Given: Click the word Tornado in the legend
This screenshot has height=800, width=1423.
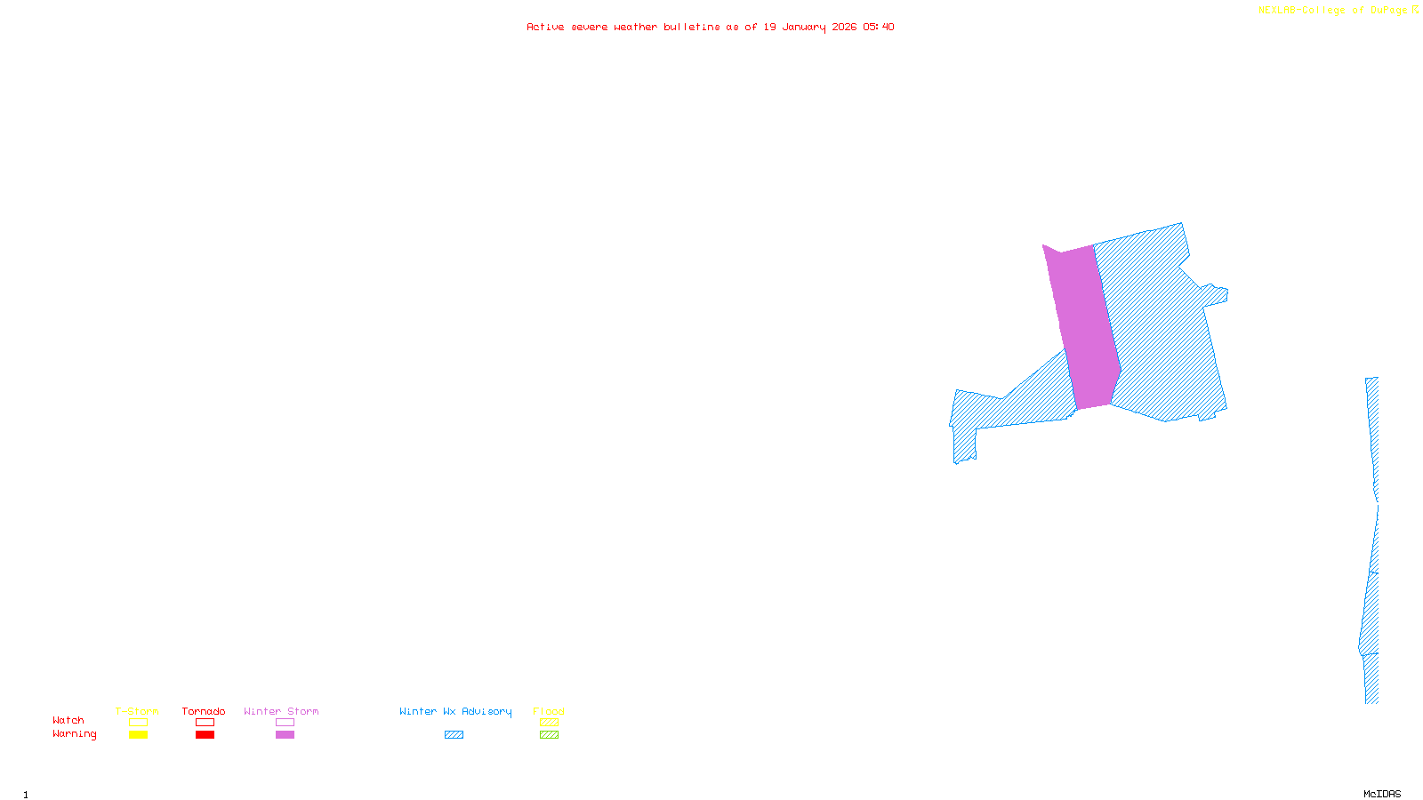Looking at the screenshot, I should tap(204, 711).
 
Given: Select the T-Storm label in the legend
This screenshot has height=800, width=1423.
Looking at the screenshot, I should tap(137, 711).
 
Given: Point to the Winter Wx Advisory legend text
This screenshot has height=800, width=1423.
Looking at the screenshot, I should tap(455, 711).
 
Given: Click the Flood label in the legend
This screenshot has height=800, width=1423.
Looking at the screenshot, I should tap(549, 711).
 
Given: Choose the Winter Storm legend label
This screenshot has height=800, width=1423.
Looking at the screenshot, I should tap(281, 711).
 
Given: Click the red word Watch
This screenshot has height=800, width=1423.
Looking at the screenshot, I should tap(68, 720).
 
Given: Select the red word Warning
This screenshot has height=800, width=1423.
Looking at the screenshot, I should tap(74, 734).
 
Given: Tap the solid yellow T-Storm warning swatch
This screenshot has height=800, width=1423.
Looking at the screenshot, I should tap(138, 735).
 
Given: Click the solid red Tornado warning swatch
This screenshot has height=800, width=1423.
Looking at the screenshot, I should tap(205, 735).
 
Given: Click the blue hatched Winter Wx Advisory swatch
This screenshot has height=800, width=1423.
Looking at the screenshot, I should tap(454, 735).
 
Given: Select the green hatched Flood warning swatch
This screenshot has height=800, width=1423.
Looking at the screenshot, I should tap(549, 735).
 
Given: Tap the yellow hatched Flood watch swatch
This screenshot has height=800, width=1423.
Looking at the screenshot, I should tap(549, 723).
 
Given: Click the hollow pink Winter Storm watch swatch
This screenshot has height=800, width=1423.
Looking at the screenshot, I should tap(285, 723).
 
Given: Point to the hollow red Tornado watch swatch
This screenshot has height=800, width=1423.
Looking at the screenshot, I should tap(205, 723).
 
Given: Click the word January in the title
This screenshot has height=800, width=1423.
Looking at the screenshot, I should tap(804, 27).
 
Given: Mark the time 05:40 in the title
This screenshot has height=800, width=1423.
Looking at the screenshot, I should tap(879, 27).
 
